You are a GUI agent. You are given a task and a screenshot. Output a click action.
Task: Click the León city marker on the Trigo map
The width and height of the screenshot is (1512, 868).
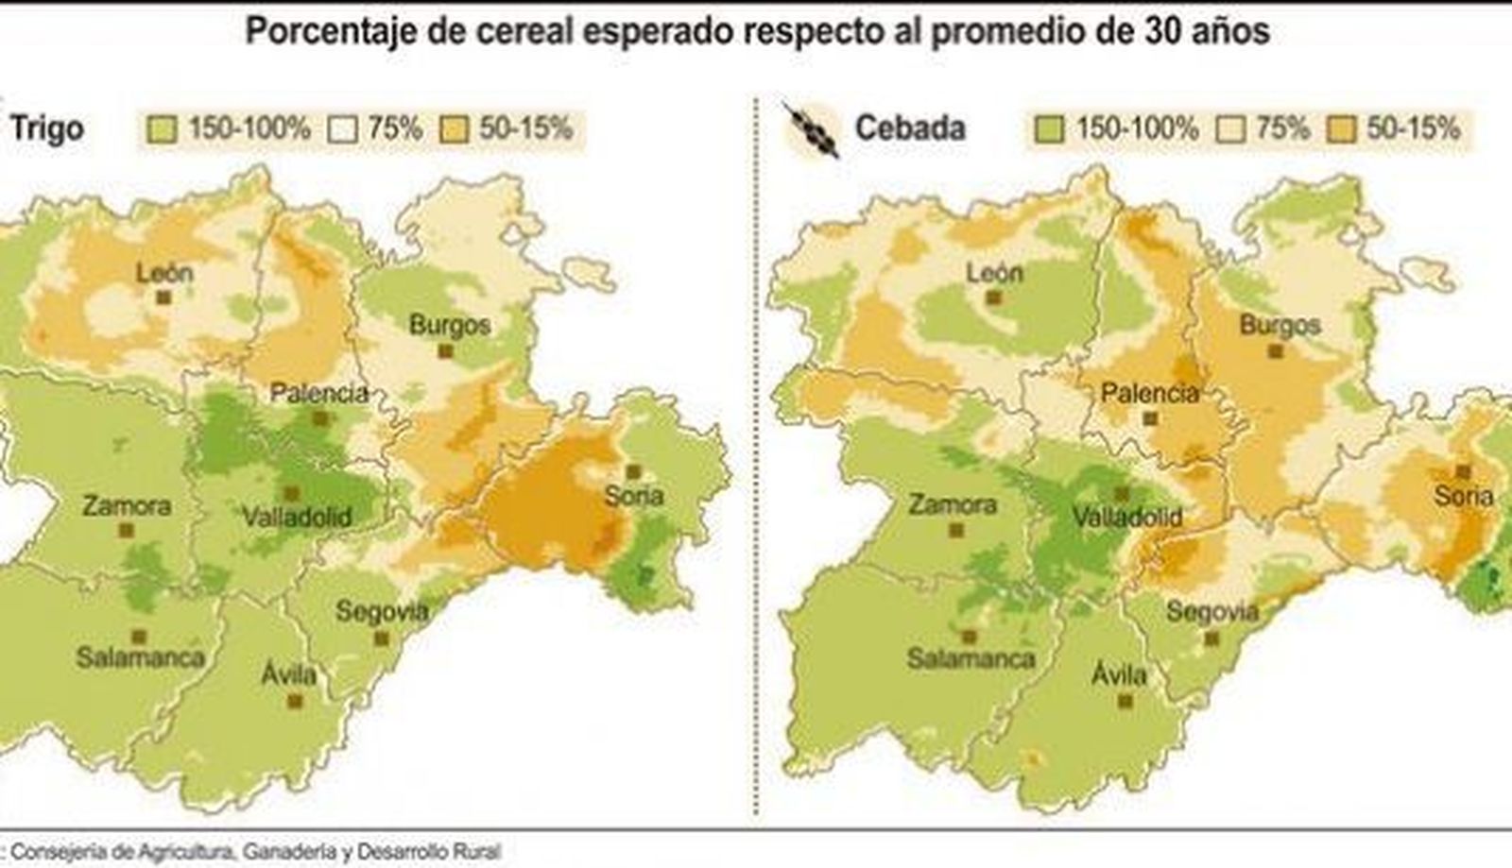(163, 298)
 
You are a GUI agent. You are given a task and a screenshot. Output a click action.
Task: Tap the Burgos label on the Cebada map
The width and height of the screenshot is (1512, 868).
(1280, 325)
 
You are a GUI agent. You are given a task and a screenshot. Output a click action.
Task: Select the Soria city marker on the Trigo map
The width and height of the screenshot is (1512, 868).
(633, 471)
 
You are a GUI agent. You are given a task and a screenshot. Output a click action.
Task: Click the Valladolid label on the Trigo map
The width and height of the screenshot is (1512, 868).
(297, 517)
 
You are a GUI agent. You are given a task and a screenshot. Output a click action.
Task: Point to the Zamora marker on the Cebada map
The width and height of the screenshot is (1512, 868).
(956, 531)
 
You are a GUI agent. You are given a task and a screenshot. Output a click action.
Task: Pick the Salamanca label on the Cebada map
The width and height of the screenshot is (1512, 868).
(971, 658)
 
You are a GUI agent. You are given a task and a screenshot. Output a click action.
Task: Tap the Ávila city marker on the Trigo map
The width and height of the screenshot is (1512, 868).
(295, 701)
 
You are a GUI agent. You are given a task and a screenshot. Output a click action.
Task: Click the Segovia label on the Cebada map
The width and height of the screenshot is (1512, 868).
(1212, 612)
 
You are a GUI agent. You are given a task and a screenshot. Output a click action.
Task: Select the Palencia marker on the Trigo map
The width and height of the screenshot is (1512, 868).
(320, 417)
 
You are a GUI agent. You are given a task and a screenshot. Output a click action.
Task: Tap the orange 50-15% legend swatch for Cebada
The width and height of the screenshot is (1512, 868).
(1342, 128)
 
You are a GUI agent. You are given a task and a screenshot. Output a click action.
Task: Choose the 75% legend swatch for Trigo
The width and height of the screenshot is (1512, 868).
(343, 128)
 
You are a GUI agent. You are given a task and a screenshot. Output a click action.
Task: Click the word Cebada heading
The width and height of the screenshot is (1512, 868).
(909, 128)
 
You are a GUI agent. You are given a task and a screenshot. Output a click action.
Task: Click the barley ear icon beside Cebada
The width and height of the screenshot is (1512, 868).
(812, 130)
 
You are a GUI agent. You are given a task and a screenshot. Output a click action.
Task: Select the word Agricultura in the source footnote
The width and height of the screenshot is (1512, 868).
(185, 851)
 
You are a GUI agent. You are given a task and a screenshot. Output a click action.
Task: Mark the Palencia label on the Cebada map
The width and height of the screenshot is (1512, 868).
(1150, 392)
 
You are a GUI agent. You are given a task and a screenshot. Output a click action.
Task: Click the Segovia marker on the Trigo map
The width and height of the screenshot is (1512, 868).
(381, 638)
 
